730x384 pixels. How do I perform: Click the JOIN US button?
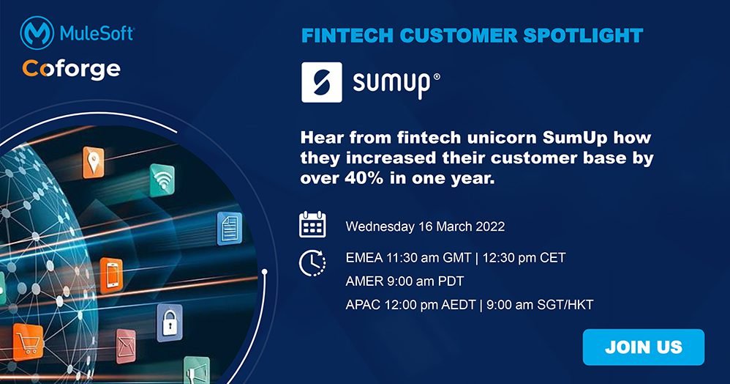pyautogui.click(x=643, y=347)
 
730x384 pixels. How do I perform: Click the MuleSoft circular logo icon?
pyautogui.click(x=34, y=34)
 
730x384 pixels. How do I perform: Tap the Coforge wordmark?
pyautogui.click(x=71, y=69)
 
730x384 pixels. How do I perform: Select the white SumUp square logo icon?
pyautogui.click(x=322, y=82)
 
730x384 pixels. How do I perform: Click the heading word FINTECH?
pyautogui.click(x=339, y=35)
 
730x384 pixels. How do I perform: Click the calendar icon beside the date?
pyautogui.click(x=312, y=225)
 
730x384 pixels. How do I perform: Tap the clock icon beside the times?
pyautogui.click(x=312, y=262)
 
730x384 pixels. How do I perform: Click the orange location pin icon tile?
pyautogui.click(x=94, y=161)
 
